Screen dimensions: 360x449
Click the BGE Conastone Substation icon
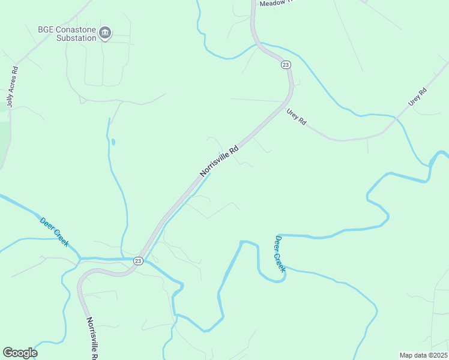click(x=105, y=32)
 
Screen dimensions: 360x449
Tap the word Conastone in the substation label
click(x=75, y=29)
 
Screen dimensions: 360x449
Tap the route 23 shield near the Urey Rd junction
click(x=286, y=65)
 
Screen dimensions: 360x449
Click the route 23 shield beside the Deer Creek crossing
click(x=138, y=260)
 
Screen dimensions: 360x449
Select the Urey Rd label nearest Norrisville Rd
click(x=297, y=116)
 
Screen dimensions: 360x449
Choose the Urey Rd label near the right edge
click(x=418, y=97)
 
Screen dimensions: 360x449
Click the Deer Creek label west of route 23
click(x=55, y=232)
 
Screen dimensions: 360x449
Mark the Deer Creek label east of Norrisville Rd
click(x=280, y=253)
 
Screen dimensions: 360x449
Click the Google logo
click(x=20, y=353)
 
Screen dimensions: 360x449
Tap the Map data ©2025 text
click(x=423, y=355)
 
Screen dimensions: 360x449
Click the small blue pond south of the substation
click(x=113, y=142)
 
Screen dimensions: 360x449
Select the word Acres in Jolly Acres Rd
click(x=11, y=85)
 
